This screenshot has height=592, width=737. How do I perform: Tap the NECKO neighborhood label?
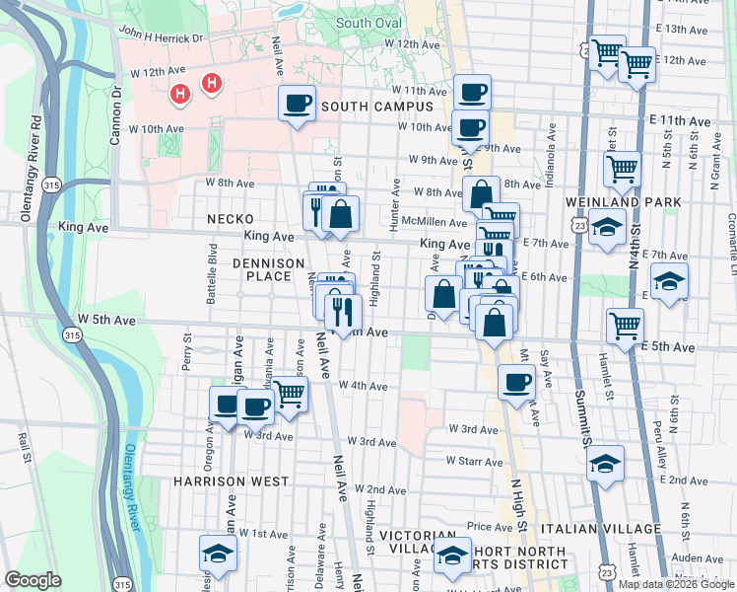pos(231,218)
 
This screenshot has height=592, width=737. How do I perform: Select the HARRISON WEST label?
pos(231,481)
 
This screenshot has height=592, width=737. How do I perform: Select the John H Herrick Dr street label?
pos(161,34)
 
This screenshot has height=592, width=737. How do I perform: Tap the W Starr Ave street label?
pos(475,461)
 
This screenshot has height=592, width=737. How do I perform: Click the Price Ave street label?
pos(490,527)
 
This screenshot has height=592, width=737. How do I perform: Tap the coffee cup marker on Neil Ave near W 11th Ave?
pos(297,103)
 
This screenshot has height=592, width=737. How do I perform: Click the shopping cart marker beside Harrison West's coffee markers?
pos(289,393)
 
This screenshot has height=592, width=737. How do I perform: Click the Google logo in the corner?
pos(33,579)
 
